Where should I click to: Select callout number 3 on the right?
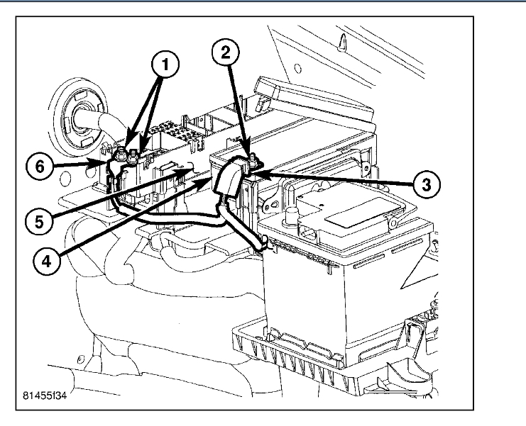pos(423,184)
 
